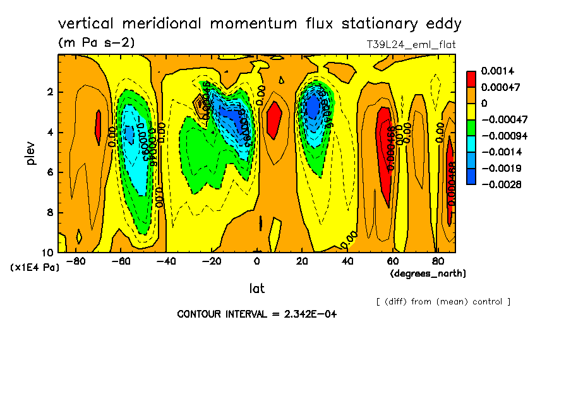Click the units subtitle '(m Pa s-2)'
96,43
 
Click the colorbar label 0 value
484,103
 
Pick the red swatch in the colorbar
471,78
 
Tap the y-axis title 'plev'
30,153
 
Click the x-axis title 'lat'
256,289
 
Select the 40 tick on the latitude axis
347,261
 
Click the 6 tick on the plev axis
50,172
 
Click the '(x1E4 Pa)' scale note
35,268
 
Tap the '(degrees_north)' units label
428,273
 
